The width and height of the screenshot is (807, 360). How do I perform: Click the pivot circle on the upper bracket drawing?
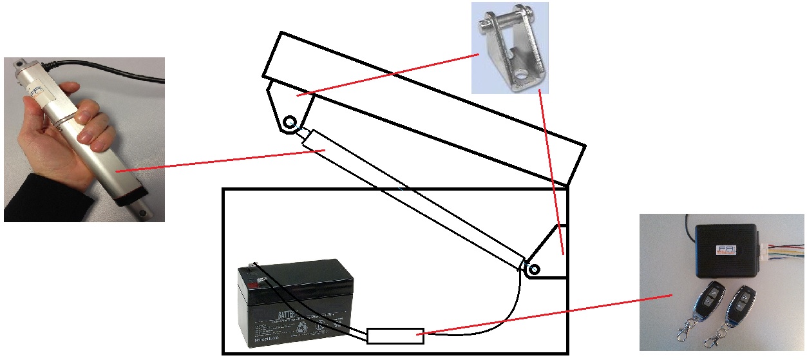pos(289,121)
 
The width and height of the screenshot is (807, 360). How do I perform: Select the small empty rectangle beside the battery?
pos(395,335)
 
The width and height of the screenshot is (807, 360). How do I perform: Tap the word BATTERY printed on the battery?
pos(292,315)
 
